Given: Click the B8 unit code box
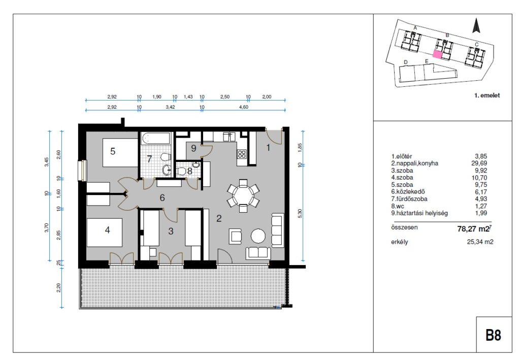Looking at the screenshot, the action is coord(494,334).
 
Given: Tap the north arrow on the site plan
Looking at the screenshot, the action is coord(476,25).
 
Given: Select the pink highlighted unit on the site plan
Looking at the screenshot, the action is coord(438,55).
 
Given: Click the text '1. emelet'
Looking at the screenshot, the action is coord(487,95).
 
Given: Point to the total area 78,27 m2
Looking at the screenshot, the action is coord(473,228).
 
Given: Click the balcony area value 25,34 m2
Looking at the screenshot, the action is coord(480,242).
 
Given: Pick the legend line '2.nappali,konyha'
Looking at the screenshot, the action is coord(414,163).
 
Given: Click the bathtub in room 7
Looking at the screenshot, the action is coord(155,139).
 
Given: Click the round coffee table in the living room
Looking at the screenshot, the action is coord(258,236).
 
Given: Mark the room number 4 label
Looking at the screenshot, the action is coord(108,230).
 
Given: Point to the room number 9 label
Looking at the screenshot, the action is coord(193,148).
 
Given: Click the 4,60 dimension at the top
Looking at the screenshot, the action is coord(244,107).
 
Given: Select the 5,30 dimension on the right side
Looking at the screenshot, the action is coord(300,213).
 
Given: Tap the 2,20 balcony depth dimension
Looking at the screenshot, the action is coord(59,287).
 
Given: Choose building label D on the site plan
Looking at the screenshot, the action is coord(406,62).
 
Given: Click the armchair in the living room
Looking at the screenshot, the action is coord(236,236).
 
